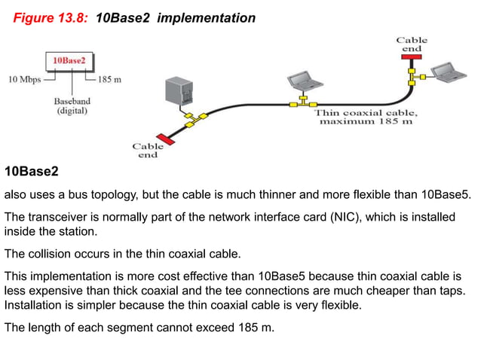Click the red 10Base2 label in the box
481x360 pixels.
69,59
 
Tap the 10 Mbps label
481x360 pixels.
25,78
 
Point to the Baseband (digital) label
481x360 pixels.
70,105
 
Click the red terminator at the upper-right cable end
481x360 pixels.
412,56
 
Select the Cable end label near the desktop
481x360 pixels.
148,151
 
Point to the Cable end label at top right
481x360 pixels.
412,44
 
